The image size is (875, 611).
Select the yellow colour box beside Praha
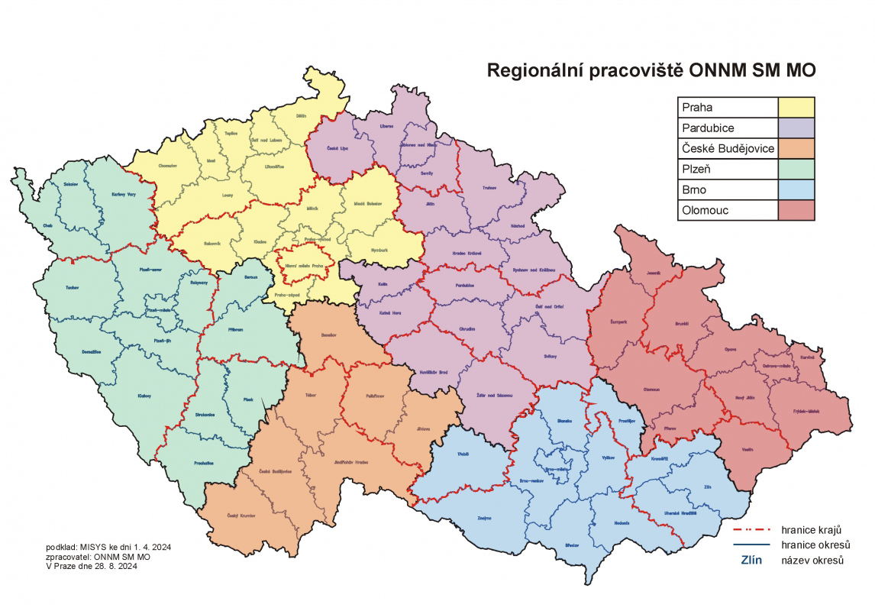(796, 107)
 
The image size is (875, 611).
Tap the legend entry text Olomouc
(706, 210)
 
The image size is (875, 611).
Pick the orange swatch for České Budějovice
(796, 148)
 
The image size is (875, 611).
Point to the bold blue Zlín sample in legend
(753, 561)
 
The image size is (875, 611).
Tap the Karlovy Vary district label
(123, 195)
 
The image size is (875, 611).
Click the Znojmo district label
(484, 519)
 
